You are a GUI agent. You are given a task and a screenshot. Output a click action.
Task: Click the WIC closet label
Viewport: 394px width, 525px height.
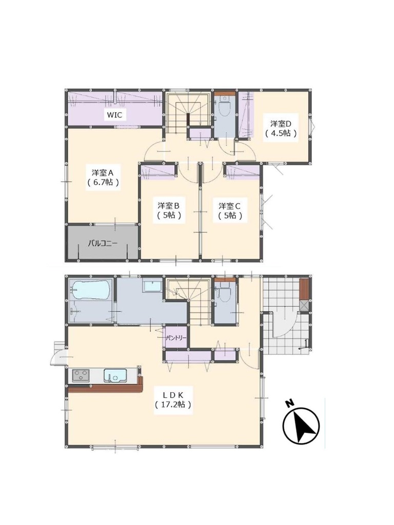click(x=114, y=115)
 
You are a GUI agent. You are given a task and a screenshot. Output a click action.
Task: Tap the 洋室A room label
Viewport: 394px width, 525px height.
click(x=104, y=173)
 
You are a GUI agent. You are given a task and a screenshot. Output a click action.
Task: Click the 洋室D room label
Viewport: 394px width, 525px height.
click(x=281, y=124)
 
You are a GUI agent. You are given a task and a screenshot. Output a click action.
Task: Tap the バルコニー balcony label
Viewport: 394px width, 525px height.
click(x=103, y=244)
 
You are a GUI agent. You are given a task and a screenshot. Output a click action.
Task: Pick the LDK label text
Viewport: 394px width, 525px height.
click(x=173, y=395)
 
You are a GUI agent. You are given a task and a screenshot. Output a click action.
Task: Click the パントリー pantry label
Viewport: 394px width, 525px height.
click(x=176, y=338)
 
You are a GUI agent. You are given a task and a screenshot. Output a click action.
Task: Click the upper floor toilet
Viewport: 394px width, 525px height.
click(x=223, y=107)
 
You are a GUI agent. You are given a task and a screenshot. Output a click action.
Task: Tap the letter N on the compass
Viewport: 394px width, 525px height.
click(x=289, y=403)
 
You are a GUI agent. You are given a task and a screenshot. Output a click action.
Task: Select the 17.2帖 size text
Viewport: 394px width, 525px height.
click(x=173, y=405)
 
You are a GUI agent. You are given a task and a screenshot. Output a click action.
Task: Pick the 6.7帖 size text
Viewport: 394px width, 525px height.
click(x=104, y=183)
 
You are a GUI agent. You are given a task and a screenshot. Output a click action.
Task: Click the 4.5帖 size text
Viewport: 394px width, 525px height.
click(x=281, y=134)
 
